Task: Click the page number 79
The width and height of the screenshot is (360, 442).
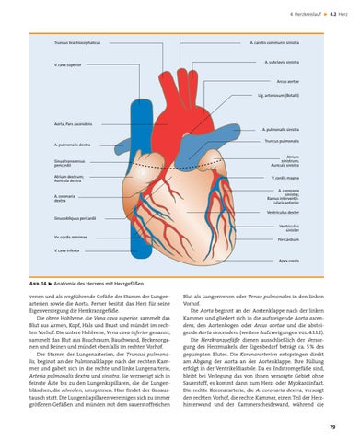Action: pos(331,427)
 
